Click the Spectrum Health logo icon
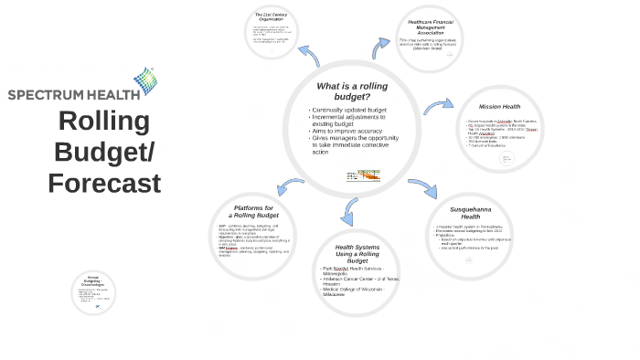(145, 80)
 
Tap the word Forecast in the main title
(104, 184)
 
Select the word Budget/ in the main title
(104, 152)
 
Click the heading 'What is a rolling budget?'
(352, 90)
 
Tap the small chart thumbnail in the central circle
(363, 175)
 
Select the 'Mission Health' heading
(499, 107)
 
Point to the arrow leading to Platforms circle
(291, 188)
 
